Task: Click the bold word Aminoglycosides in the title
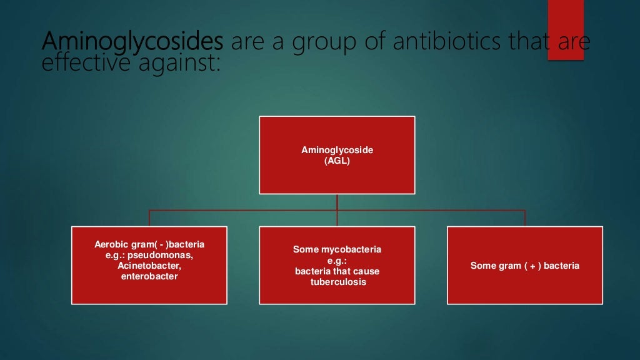point(132,43)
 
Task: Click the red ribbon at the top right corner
point(566,30)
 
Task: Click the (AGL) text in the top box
point(337,161)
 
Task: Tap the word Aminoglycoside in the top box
point(337,151)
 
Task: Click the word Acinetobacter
point(149,266)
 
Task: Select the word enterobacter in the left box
point(149,276)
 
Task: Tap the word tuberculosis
point(337,282)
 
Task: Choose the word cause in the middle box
point(366,271)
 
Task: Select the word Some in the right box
point(482,266)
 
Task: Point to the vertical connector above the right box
point(524,217)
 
